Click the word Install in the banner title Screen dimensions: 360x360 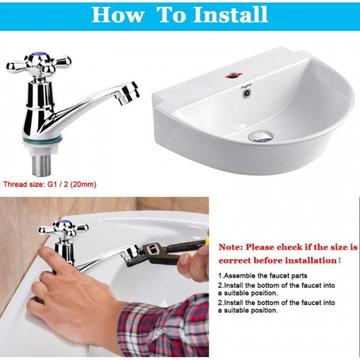tap(230, 14)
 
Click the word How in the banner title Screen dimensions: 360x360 tap(117, 15)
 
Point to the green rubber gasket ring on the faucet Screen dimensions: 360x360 tap(42, 140)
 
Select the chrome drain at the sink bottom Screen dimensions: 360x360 tap(261, 136)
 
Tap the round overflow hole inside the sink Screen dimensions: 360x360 tap(246, 94)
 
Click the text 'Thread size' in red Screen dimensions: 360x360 tap(23, 184)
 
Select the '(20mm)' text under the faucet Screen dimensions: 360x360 tap(84, 184)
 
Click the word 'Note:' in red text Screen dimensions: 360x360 tap(230, 247)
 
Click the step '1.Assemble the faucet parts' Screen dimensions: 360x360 tap(263, 276)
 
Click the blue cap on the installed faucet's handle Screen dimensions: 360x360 tap(63, 222)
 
